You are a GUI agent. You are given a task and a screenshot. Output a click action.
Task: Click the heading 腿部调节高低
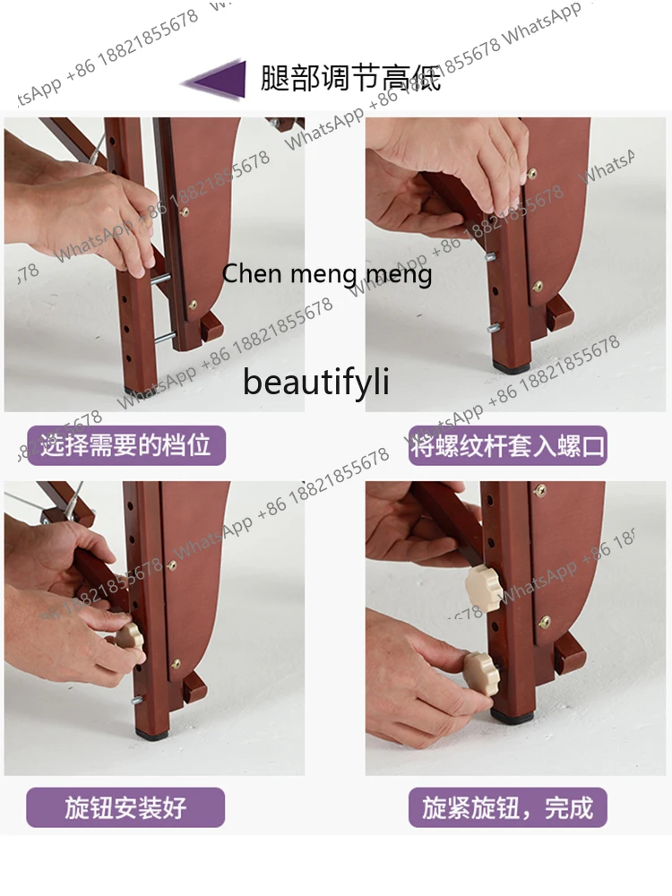click(x=350, y=79)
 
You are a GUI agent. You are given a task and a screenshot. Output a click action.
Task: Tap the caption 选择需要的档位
click(x=125, y=444)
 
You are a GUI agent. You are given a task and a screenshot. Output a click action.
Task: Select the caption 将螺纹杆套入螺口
click(x=508, y=444)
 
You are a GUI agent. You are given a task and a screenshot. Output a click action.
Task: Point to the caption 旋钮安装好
click(x=125, y=807)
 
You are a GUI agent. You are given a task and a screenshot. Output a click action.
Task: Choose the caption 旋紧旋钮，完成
click(x=508, y=807)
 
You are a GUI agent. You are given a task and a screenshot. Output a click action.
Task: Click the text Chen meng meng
click(x=327, y=273)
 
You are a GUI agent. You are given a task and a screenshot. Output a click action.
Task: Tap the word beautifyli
click(x=316, y=382)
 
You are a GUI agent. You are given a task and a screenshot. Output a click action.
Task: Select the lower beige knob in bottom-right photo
click(x=480, y=668)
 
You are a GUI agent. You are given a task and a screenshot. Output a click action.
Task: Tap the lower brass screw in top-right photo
click(x=537, y=287)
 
